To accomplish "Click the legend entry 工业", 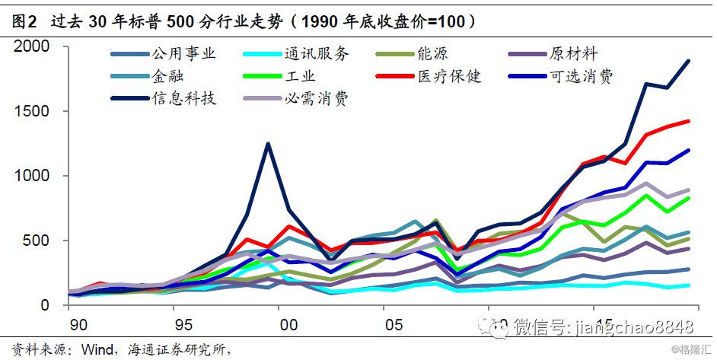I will point(301,77).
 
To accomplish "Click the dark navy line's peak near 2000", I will point(267,143).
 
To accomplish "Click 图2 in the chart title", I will point(23,21).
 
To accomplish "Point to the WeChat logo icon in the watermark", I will point(499,327).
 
